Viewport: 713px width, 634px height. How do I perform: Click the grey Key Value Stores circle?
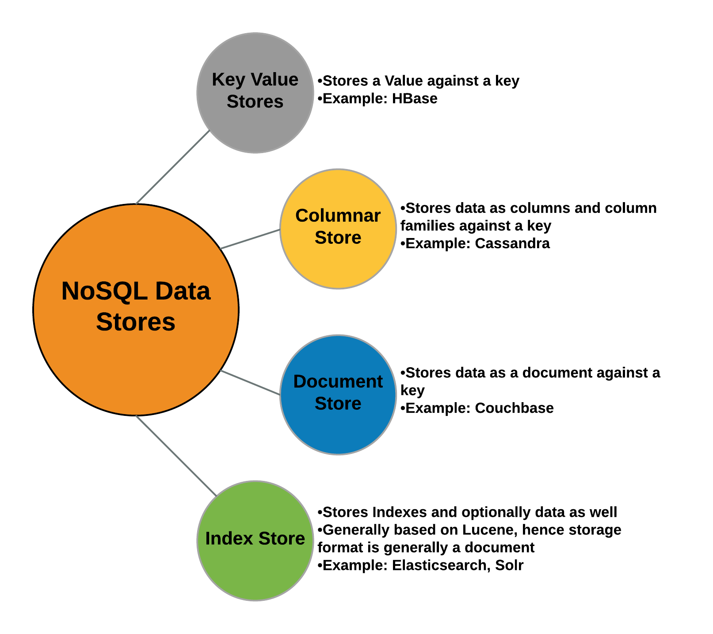point(255,128)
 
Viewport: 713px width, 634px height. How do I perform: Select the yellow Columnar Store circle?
point(338,265)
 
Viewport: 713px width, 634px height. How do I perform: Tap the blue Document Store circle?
point(338,431)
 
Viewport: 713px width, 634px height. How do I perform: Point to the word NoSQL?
point(104,292)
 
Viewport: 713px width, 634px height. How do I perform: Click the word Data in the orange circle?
point(183,292)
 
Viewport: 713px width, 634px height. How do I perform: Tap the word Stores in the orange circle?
point(136,322)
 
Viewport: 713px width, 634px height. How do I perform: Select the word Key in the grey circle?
point(228,80)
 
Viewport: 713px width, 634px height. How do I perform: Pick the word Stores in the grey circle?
point(255,102)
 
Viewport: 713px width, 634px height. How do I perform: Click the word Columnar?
point(338,216)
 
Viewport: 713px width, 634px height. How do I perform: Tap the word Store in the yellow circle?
point(338,238)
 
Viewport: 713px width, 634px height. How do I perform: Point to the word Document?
point(338,382)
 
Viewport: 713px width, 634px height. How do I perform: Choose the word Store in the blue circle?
point(338,404)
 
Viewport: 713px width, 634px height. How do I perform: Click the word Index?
point(229,539)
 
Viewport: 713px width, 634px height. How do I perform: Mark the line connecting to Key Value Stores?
point(172,168)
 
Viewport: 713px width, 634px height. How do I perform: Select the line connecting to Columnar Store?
point(250,239)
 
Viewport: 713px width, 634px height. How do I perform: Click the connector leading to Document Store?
point(250,382)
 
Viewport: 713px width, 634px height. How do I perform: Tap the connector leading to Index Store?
point(175,455)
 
